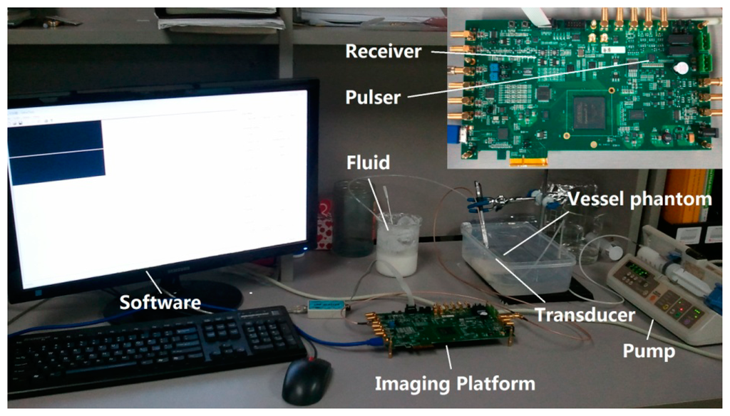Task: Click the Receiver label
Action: pos(384,51)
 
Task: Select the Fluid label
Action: pos(369,163)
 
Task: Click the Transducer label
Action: pos(585,314)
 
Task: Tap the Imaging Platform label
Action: pos(455,384)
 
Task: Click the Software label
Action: pos(160,301)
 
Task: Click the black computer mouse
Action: pos(307,380)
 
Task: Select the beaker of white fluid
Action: pos(398,245)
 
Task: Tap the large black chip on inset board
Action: pos(590,113)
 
